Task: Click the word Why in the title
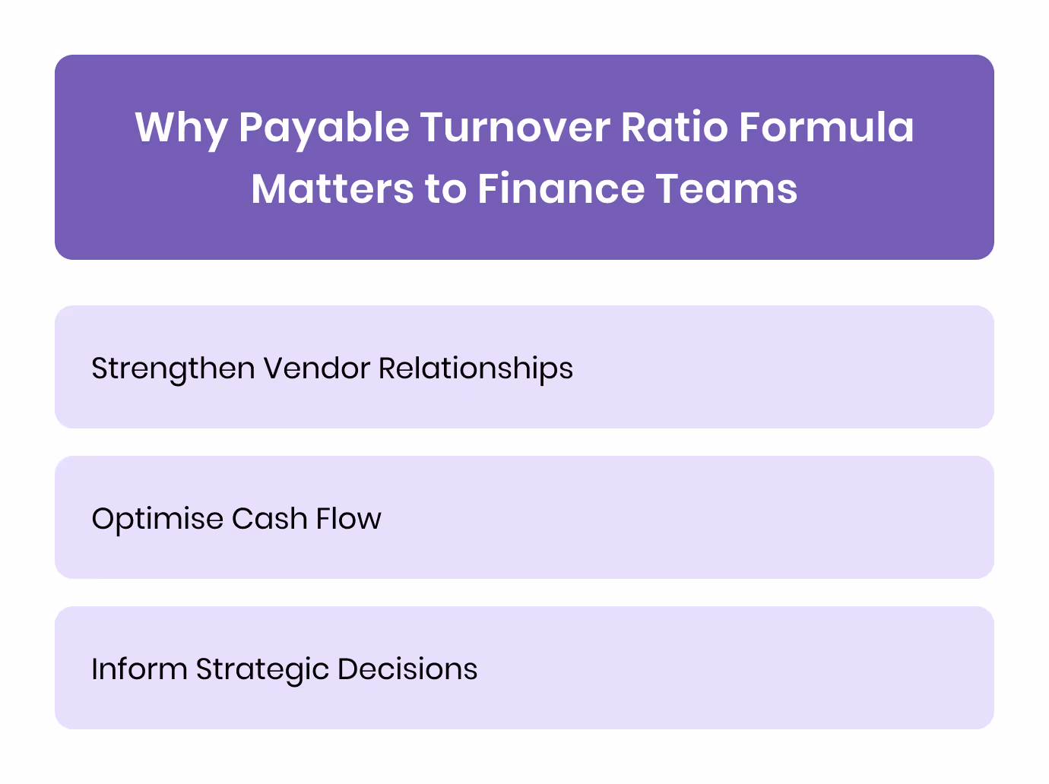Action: click(x=181, y=128)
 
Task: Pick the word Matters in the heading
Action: click(x=332, y=189)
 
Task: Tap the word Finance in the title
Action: click(x=560, y=189)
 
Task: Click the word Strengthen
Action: click(x=173, y=369)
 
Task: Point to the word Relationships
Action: click(x=476, y=369)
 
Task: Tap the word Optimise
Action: click(x=157, y=519)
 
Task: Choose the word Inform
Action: click(x=138, y=669)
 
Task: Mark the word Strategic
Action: click(x=261, y=669)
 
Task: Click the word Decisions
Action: click(x=407, y=669)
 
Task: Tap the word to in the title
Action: click(x=445, y=189)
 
